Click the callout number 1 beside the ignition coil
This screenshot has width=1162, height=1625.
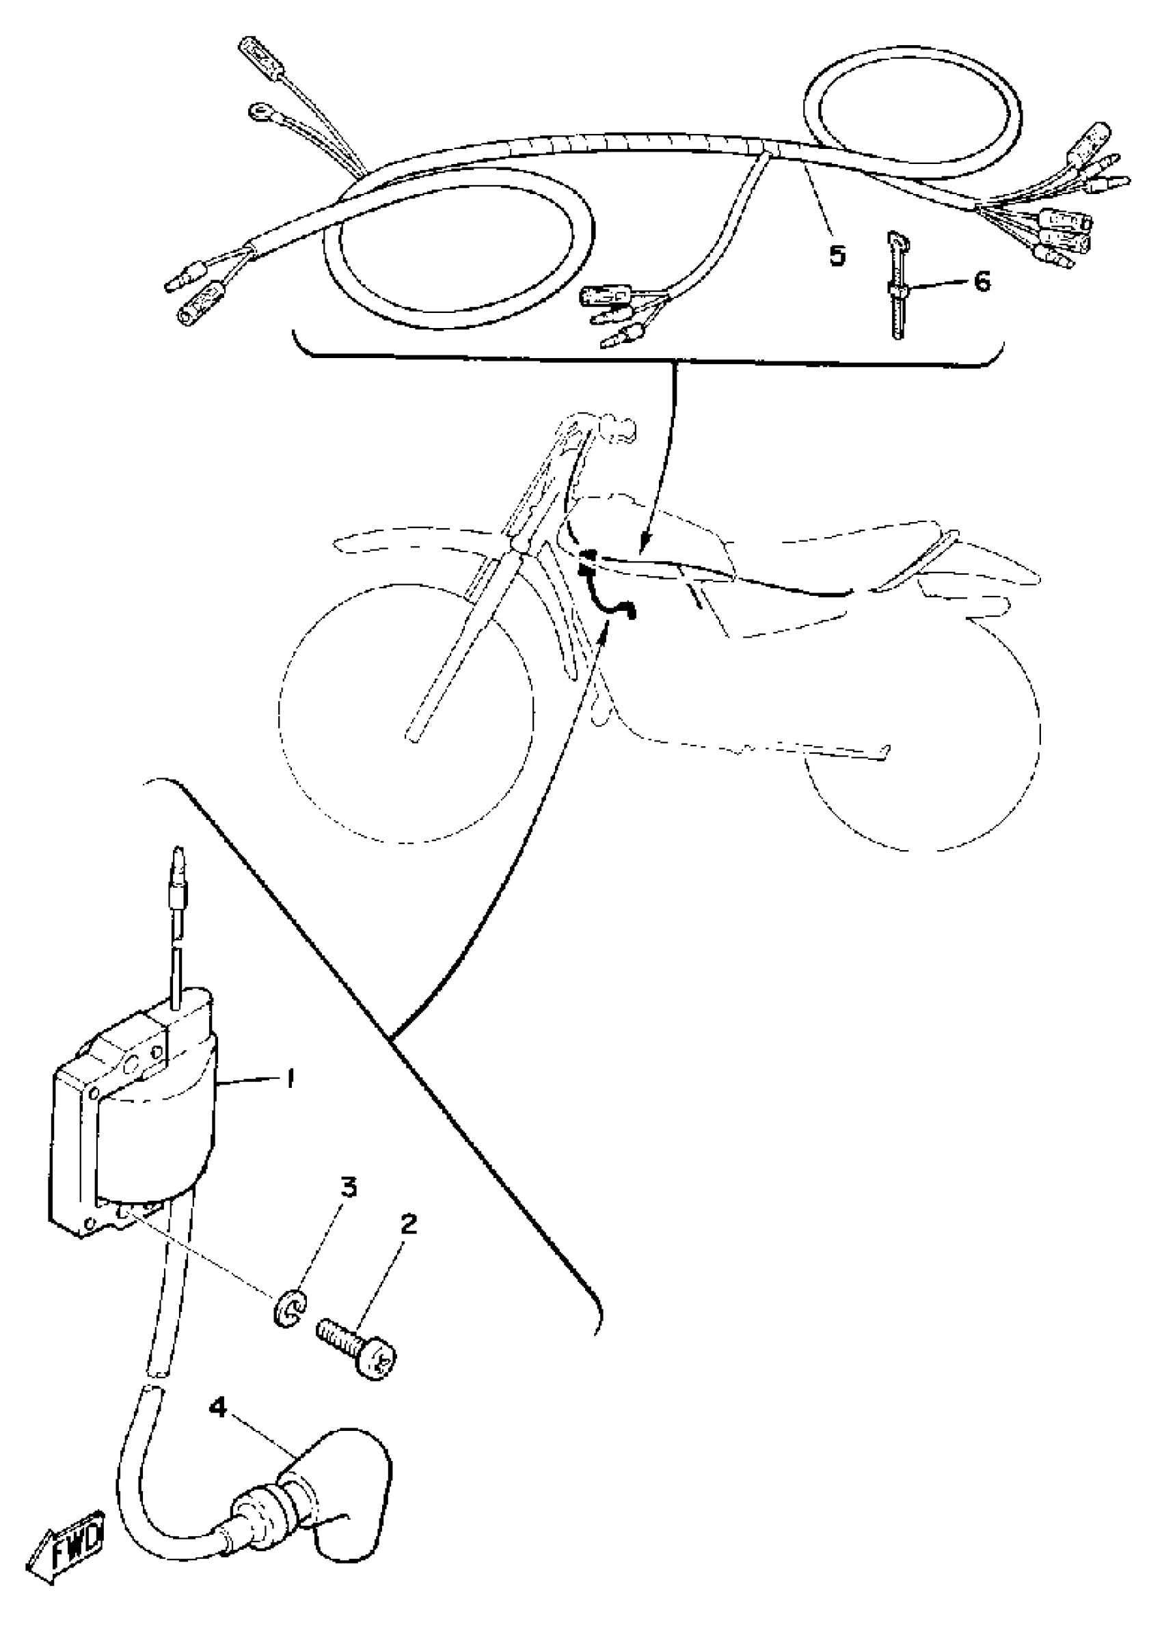[290, 1078]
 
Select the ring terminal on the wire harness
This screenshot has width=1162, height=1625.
[258, 111]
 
